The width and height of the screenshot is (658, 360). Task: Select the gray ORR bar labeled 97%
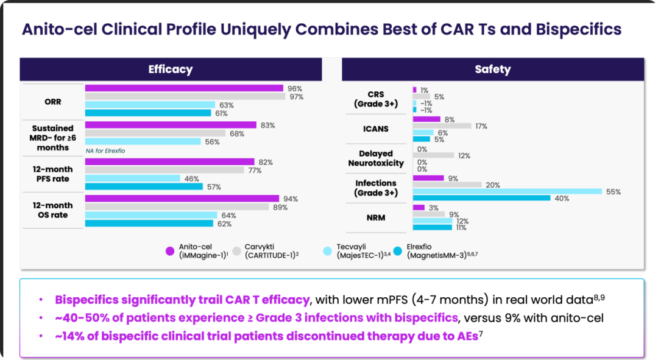185,96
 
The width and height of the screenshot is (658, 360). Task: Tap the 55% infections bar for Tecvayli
508,191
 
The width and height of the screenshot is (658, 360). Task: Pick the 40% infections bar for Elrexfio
481,198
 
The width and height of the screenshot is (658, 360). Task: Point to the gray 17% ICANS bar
442,126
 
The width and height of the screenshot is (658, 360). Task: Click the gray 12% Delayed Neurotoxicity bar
433,155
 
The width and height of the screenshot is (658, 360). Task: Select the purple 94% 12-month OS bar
182,199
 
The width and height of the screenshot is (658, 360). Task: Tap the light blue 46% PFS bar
132,178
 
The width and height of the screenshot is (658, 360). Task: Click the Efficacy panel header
171,69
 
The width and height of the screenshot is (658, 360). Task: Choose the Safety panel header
492,69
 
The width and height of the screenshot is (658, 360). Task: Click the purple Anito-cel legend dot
170,251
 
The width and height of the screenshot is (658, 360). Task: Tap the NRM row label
376,217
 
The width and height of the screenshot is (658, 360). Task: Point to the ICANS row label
376,129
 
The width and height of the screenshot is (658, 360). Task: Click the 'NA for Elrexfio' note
105,150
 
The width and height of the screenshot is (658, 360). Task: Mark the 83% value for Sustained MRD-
267,125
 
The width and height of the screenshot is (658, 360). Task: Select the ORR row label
52,102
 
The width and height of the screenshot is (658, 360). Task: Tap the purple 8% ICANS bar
426,119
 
